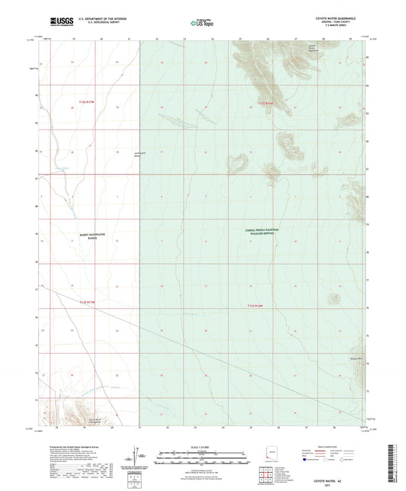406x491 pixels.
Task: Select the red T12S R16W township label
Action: coord(264,101)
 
